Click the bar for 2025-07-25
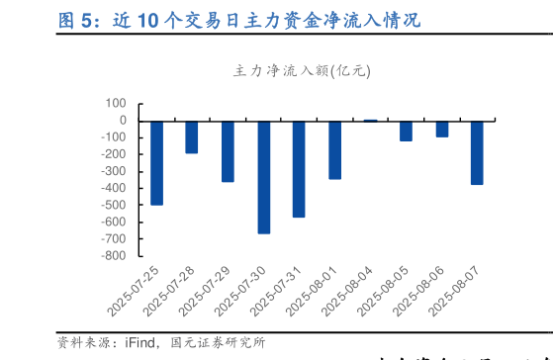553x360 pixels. click(156, 162)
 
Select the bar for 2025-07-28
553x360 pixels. click(192, 136)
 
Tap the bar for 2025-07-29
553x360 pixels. click(228, 150)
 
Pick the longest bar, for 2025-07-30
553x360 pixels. click(264, 177)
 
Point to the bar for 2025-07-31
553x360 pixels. click(299, 168)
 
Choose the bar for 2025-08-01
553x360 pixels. click(335, 149)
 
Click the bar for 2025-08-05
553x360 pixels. click(406, 131)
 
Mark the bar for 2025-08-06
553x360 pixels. click(442, 129)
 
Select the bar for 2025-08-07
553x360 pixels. click(478, 152)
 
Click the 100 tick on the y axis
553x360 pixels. click(115, 104)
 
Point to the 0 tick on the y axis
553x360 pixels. click(122, 121)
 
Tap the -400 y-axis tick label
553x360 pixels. click(112, 188)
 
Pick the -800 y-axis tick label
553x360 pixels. click(112, 255)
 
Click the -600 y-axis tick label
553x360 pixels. click(112, 222)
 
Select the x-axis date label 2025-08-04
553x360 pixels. click(353, 290)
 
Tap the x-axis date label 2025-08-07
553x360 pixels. click(460, 290)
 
